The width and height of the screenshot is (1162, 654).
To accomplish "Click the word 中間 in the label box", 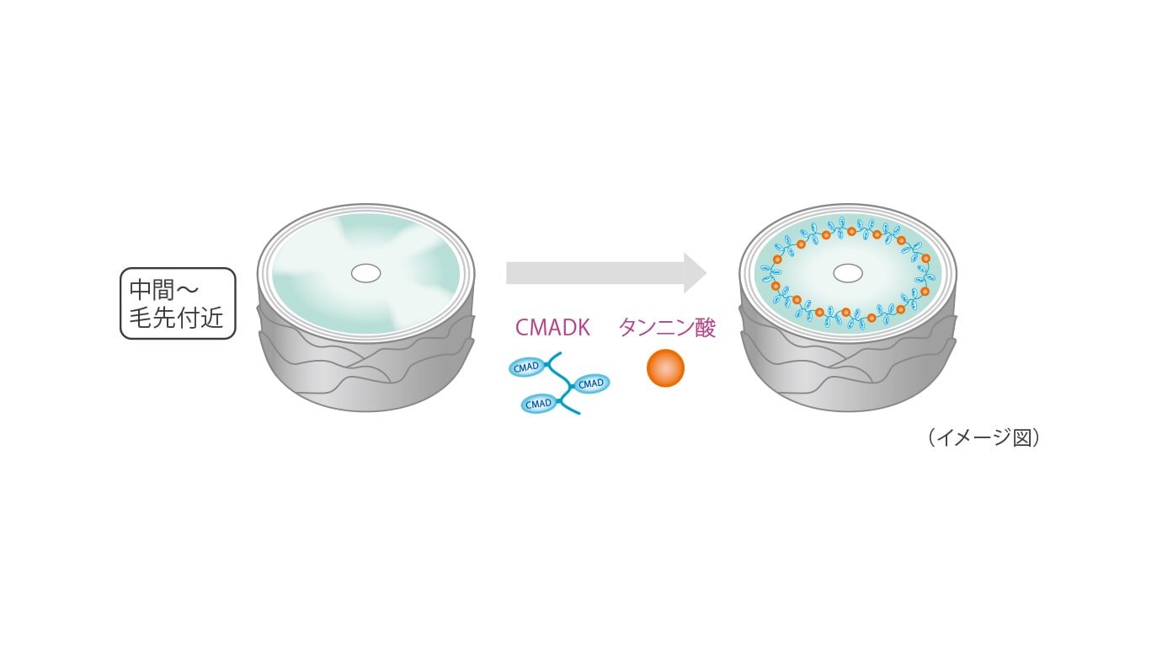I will coord(152,291).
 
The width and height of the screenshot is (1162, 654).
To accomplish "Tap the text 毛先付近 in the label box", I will coord(177,319).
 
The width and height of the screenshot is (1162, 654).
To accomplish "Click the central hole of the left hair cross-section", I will coord(365,273).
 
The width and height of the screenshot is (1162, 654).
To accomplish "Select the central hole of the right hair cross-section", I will coord(847,273).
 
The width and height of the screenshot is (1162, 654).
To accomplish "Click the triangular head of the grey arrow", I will coord(694,273).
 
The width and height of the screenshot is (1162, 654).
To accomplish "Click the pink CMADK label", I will coord(552,328).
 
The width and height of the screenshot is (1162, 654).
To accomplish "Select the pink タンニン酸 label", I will coord(666,328).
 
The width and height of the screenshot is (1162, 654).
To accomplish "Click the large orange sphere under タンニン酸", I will coord(665,368).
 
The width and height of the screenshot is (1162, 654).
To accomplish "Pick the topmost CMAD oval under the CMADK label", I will coord(527,367).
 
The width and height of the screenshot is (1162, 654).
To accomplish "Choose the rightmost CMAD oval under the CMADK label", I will coord(591,383).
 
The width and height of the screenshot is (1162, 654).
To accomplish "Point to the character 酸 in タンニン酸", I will coord(704,328).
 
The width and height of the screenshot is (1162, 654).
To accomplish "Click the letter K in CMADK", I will coord(583,328).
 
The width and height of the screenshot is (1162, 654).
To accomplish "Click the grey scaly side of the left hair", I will coord(365,371).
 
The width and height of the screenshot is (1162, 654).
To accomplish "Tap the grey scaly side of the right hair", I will coord(847,371).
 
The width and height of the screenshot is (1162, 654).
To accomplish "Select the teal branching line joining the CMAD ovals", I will coord(563,384).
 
